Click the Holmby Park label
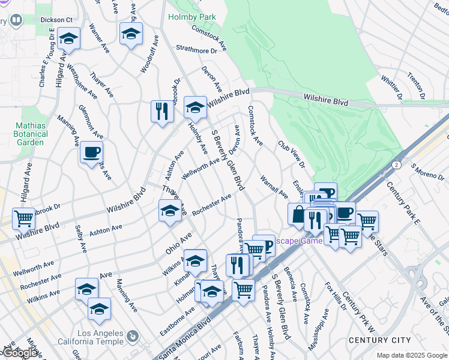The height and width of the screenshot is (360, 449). [192, 18]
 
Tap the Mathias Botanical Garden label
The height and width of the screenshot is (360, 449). [30, 135]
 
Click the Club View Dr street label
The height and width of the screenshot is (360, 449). [291, 154]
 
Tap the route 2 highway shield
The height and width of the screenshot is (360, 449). [396, 164]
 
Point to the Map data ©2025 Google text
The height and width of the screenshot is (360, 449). [411, 355]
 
